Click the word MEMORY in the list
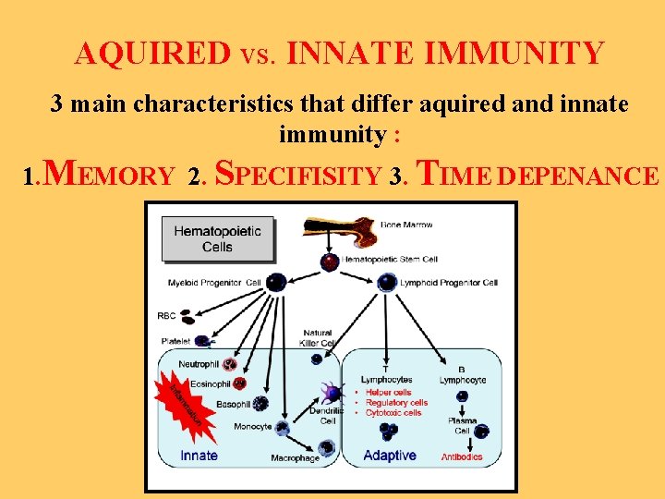[109, 174]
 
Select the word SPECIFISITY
[298, 174]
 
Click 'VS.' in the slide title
[252, 55]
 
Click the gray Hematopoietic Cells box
[217, 238]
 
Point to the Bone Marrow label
[405, 225]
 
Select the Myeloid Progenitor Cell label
[214, 282]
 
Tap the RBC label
[166, 316]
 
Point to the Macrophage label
[295, 458]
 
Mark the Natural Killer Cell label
[318, 338]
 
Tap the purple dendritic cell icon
[330, 393]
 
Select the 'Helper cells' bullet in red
[390, 393]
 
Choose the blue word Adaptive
[390, 456]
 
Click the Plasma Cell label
[462, 426]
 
